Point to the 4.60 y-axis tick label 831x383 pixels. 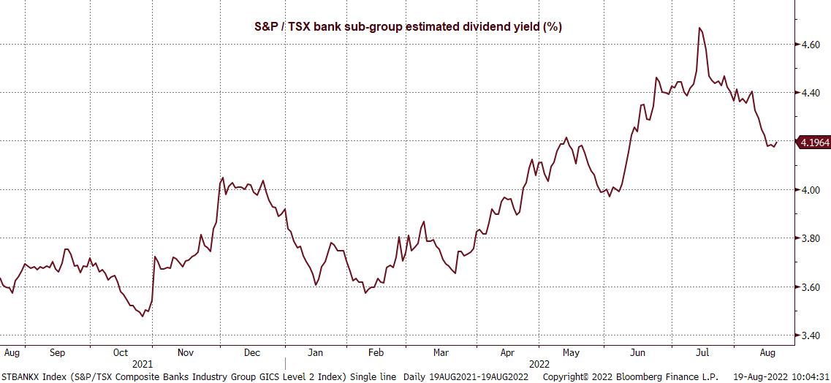811,45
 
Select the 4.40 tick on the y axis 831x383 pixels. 811,93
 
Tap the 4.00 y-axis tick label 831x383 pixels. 811,190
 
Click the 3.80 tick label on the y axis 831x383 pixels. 811,238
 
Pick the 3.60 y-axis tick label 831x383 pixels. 811,287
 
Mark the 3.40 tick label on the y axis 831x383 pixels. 811,335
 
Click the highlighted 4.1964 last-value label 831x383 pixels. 815,143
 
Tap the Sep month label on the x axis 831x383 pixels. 57,352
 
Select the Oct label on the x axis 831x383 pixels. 121,352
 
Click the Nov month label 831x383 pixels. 186,352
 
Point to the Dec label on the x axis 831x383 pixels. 251,352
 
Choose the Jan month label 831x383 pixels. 315,352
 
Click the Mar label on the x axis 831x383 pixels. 441,352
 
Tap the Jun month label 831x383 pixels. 638,352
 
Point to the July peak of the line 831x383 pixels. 700,28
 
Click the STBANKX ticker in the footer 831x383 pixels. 20,376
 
